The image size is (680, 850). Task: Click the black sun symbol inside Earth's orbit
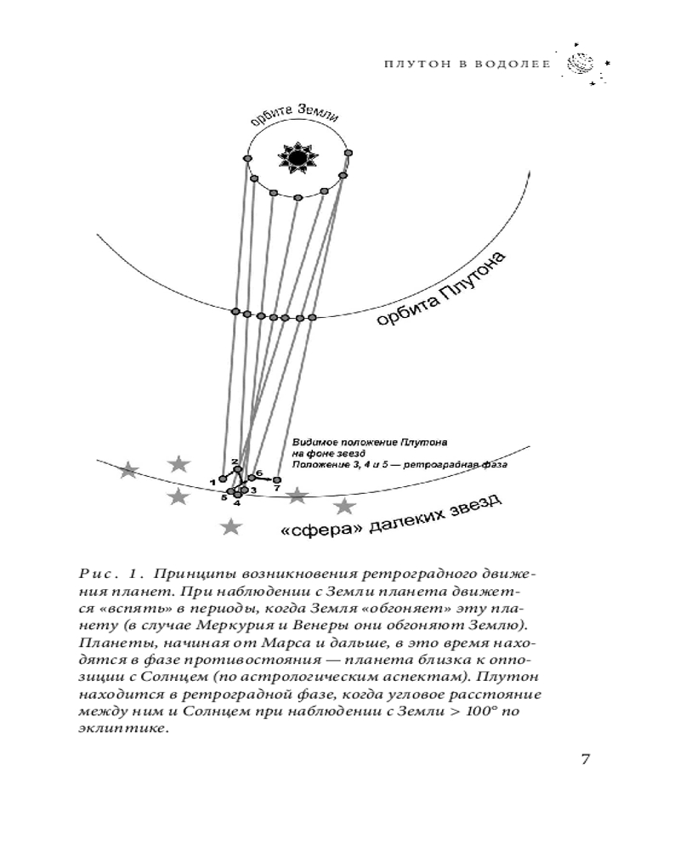(x=297, y=157)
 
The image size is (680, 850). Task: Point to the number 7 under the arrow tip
(x=277, y=490)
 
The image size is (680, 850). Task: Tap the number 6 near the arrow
(x=258, y=473)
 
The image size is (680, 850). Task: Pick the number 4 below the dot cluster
(x=237, y=503)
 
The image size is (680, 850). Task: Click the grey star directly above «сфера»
(x=297, y=495)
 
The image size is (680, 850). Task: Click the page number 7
(x=585, y=759)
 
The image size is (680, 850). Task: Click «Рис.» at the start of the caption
(x=90, y=571)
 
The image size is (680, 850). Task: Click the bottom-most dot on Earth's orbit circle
(x=297, y=197)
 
